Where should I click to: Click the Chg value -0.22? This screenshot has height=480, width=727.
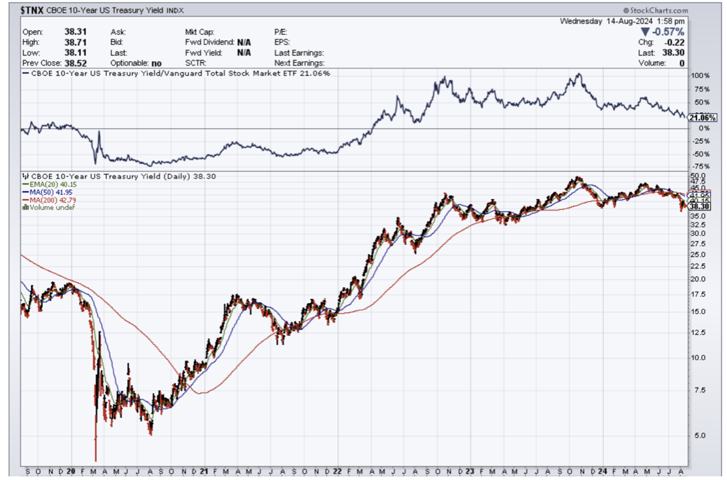coord(675,42)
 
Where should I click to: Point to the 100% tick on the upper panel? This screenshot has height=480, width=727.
coord(699,76)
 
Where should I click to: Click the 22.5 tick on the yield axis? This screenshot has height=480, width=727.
coord(698,266)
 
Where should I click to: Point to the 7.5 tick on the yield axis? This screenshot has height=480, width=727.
coord(696,390)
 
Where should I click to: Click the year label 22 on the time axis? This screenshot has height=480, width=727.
coord(337,472)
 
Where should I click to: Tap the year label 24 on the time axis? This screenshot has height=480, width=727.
coord(602,472)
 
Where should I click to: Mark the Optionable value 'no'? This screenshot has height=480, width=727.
coord(155,63)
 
